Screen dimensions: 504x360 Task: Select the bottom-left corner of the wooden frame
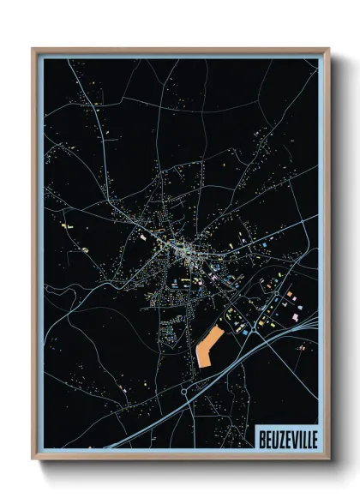coord(33,459)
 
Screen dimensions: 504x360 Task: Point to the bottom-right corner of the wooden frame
coord(328,459)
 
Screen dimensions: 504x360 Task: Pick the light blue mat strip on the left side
coord(40,257)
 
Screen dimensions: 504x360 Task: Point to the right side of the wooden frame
coord(327,257)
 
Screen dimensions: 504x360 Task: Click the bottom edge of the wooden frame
coord(180,458)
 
